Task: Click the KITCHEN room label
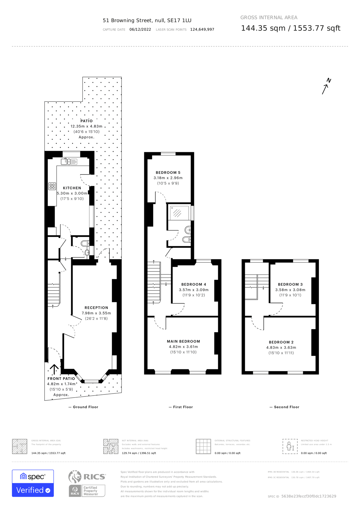[x=72, y=188]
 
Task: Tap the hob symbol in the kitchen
[x=52, y=186]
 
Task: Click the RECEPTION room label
[x=96, y=308]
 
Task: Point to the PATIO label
[x=86, y=121]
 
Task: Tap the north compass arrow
[x=326, y=86]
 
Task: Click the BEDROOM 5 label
[x=168, y=172]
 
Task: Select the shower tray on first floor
[x=179, y=213]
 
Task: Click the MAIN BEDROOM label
[x=183, y=341]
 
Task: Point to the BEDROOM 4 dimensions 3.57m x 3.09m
[x=194, y=290]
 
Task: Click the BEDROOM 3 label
[x=290, y=284]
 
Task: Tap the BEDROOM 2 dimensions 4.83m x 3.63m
[x=281, y=348]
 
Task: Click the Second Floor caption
[x=286, y=407]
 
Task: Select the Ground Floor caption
[x=85, y=407]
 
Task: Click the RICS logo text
[x=94, y=477]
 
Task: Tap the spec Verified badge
[x=33, y=483]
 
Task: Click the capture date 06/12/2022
[x=140, y=29]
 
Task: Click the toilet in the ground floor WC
[x=85, y=243]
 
